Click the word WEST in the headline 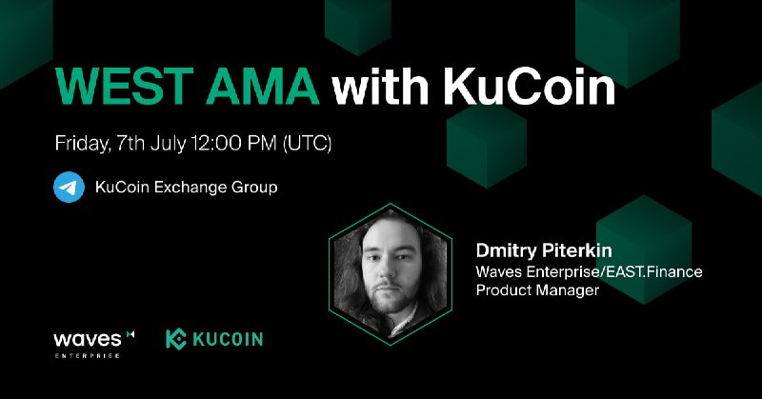pos(124,87)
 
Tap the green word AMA pos(263,87)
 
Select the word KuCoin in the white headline pos(529,87)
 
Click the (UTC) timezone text pos(307,144)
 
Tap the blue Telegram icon pos(69,187)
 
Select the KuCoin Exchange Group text pos(186,187)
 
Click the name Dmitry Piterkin pos(544,250)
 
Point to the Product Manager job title pos(537,290)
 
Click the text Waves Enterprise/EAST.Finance pos(589,271)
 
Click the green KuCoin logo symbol pos(176,339)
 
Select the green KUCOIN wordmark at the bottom pos(228,339)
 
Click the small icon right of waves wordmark pos(130,334)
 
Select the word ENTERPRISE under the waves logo pos(87,356)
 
